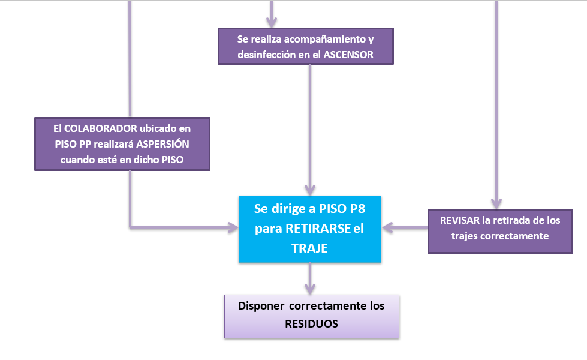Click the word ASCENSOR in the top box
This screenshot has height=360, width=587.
click(x=349, y=55)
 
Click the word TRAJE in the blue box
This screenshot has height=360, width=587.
click(x=310, y=248)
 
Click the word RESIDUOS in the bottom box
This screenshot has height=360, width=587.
click(x=312, y=323)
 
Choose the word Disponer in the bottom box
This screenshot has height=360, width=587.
click(x=261, y=306)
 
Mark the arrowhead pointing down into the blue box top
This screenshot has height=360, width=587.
click(x=310, y=190)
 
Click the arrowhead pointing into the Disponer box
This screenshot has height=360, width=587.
click(x=310, y=288)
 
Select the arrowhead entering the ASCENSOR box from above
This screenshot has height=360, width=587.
click(x=272, y=22)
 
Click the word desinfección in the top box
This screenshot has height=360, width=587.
click(x=269, y=55)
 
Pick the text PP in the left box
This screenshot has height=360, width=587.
click(x=86, y=145)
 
